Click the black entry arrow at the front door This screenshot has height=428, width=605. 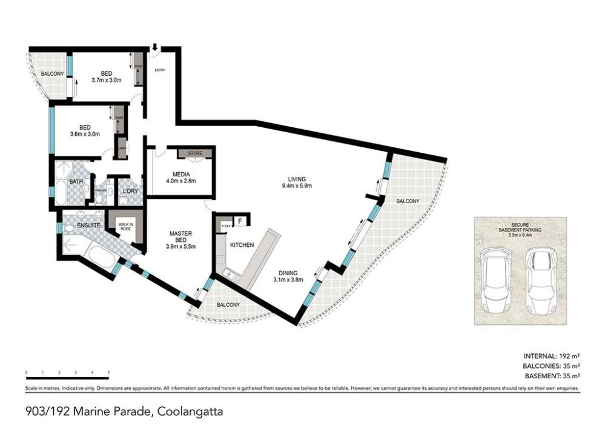coord(155,47)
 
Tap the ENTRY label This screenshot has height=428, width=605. coord(160,70)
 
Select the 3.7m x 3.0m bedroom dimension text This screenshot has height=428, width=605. coord(107,79)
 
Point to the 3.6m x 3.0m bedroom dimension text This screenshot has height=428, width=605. coord(85,134)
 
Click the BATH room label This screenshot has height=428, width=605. coord(76,181)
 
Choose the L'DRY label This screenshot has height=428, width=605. coord(130,192)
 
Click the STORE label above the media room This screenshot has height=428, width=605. coord(194,153)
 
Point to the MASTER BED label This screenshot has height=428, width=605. coord(180,238)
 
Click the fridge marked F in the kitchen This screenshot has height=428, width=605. coord(240,221)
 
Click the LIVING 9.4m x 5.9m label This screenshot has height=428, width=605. coord(296,182)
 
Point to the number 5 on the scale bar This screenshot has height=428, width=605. coord(108,372)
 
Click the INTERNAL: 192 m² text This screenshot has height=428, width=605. coord(551,356)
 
